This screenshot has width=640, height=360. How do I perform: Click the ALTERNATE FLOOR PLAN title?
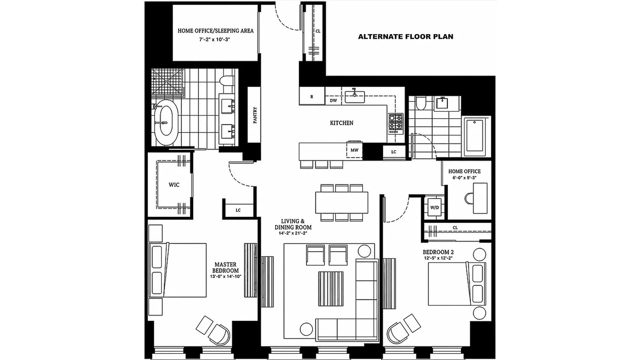406,37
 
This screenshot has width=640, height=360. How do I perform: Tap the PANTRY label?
255,115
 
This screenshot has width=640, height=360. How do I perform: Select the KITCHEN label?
342,123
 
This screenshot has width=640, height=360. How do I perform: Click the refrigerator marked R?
312,96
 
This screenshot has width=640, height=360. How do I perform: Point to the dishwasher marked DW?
333,100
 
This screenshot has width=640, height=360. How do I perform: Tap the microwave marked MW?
354,150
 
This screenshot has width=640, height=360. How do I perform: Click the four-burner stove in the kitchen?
396,122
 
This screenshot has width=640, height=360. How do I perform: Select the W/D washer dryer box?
435,207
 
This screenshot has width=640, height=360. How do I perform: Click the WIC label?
174,185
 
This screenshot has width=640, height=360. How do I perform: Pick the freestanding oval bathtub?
166,122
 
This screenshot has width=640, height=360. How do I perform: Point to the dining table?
342,202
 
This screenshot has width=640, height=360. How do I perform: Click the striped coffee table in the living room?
331,289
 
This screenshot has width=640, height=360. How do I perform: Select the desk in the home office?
480,198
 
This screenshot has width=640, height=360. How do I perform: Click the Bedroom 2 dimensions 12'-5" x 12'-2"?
438,258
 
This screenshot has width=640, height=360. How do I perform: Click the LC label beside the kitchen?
394,152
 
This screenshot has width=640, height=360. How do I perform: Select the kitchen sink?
355,97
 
